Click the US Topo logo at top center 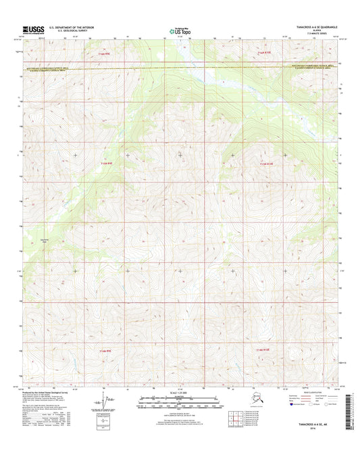coord(179,30)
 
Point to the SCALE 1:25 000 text coord(180,393)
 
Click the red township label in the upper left coord(103,51)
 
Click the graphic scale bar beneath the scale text coord(180,400)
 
